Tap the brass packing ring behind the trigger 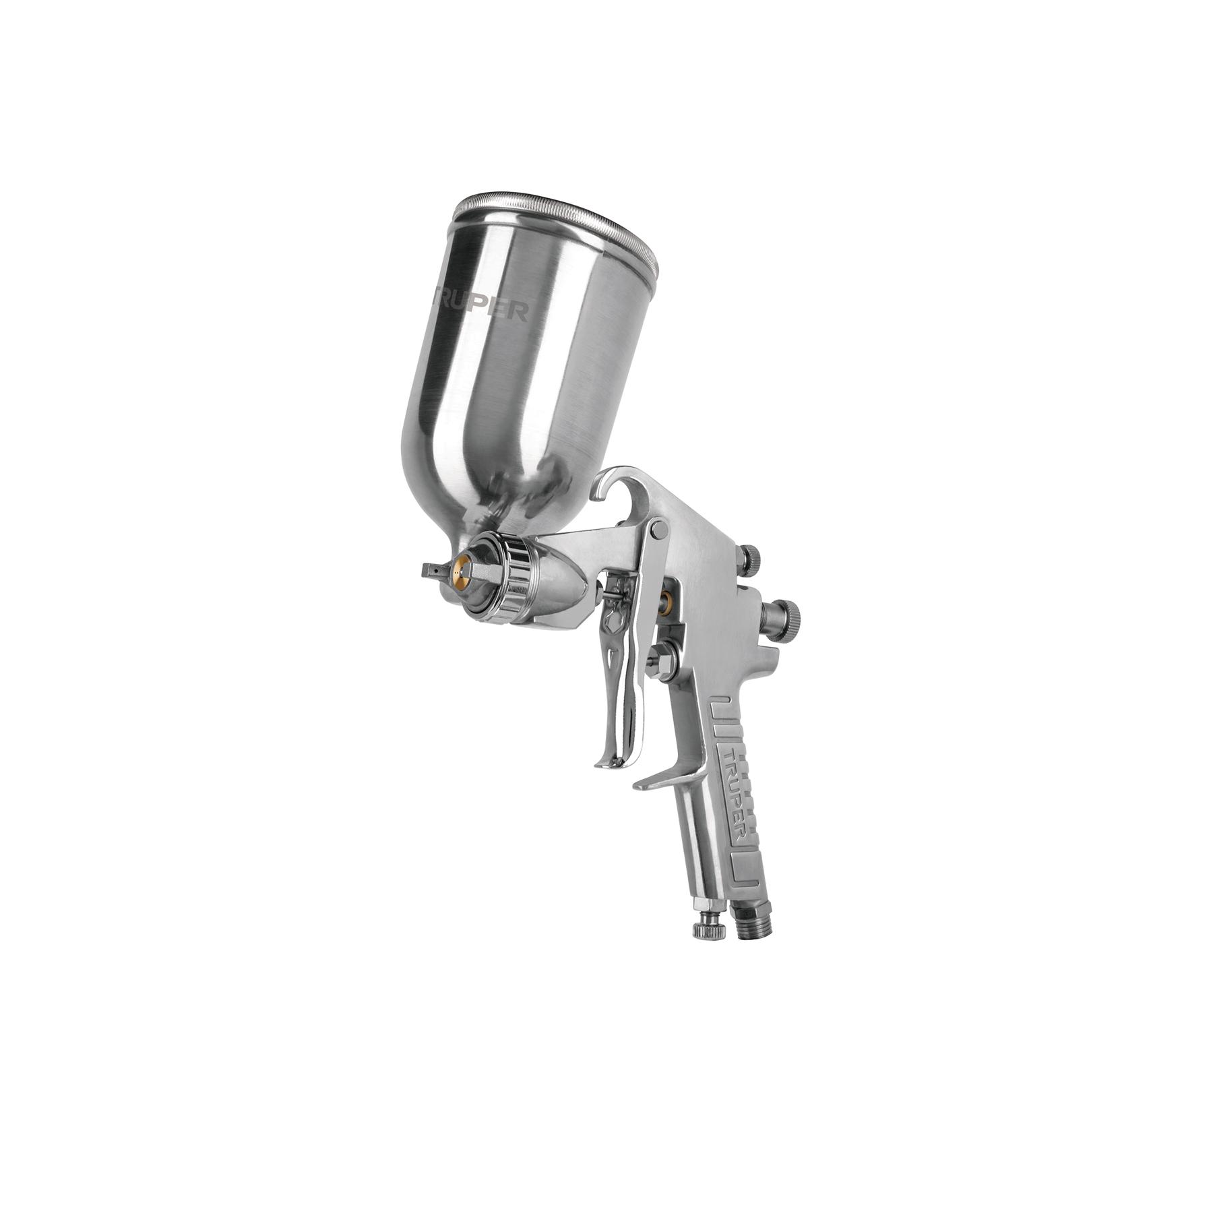(x=667, y=596)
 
